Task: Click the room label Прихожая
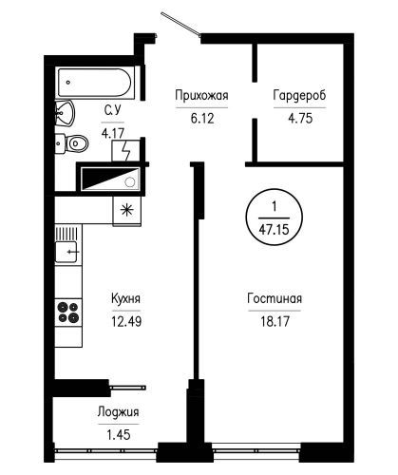201,96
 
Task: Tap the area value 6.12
202,119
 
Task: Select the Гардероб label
299,96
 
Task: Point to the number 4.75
300,119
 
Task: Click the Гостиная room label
275,298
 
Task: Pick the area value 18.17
275,322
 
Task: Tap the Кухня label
125,298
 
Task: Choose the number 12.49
126,322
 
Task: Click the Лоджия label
118,412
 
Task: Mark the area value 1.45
119,435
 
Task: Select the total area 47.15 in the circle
275,229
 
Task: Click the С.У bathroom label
113,110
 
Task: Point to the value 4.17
113,133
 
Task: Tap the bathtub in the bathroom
94,83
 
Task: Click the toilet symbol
72,143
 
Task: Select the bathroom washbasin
65,113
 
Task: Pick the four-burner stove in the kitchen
68,313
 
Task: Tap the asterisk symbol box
127,210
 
